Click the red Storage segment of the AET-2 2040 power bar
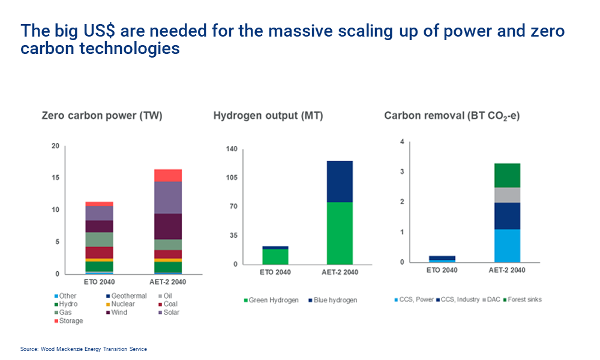pyautogui.click(x=168, y=175)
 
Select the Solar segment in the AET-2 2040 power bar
pyautogui.click(x=168, y=197)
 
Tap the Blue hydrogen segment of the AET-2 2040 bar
pyautogui.click(x=340, y=181)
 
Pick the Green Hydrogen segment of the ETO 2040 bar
pyautogui.click(x=275, y=256)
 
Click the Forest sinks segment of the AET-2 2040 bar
pyautogui.click(x=507, y=175)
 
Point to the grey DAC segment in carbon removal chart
pyautogui.click(x=507, y=195)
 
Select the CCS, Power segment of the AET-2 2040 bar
pyautogui.click(x=507, y=245)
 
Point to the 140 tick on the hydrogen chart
pyautogui.click(x=231, y=149)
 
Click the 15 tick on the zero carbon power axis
pyautogui.click(x=55, y=178)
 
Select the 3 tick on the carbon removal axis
pyautogui.click(x=403, y=172)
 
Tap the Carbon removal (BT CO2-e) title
pyautogui.click(x=452, y=116)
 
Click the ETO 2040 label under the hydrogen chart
pyautogui.click(x=275, y=272)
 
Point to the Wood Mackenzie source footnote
pyautogui.click(x=83, y=349)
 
